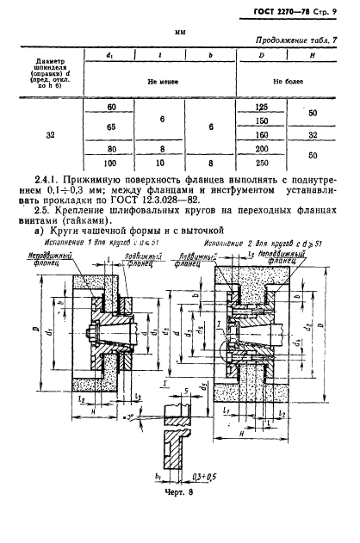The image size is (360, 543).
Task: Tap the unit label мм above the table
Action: click(x=180, y=31)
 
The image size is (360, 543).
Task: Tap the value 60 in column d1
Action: click(x=110, y=107)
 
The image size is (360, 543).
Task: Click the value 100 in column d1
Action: click(x=110, y=162)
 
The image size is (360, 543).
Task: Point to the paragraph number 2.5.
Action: click(x=47, y=219)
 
